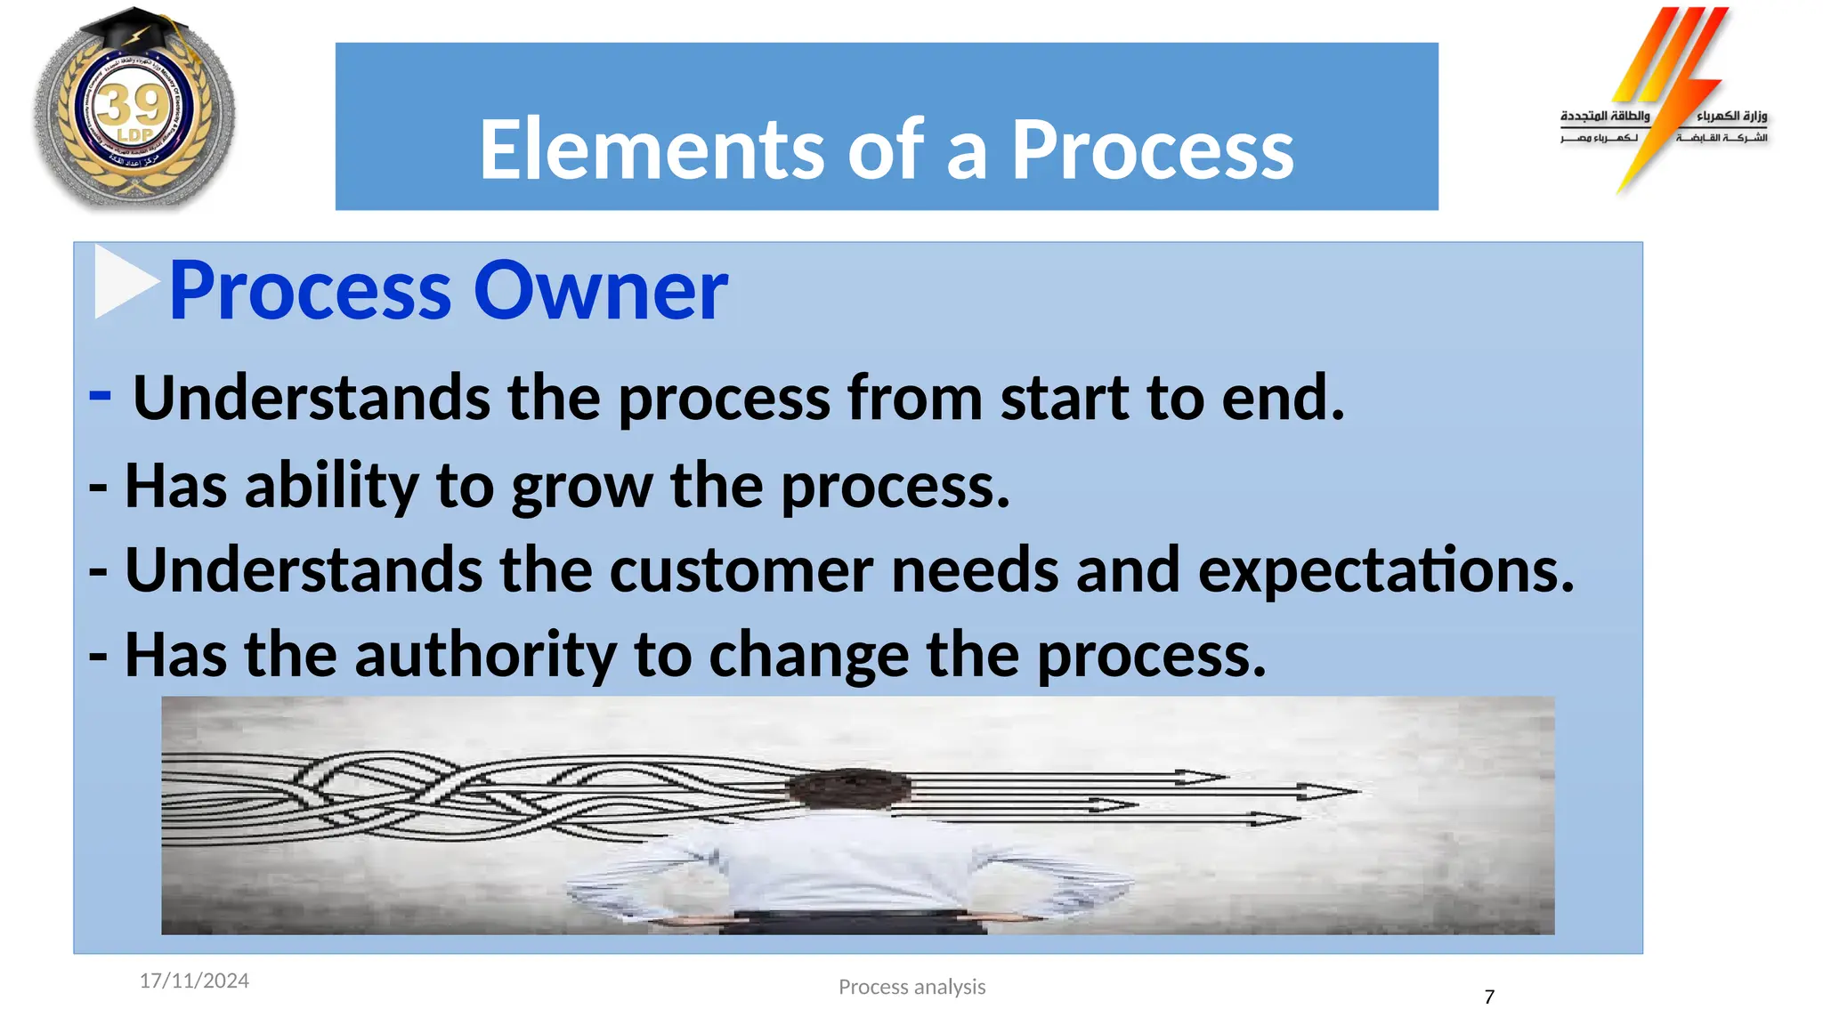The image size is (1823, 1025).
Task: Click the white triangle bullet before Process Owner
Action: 123,281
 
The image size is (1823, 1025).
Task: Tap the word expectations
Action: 1385,570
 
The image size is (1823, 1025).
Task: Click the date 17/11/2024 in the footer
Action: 194,981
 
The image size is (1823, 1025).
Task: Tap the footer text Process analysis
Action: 911,987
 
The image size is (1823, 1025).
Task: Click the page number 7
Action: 1489,997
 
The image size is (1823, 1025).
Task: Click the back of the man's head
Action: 850,789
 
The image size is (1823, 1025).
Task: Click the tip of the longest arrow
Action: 1357,790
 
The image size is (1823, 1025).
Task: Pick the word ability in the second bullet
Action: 331,487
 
